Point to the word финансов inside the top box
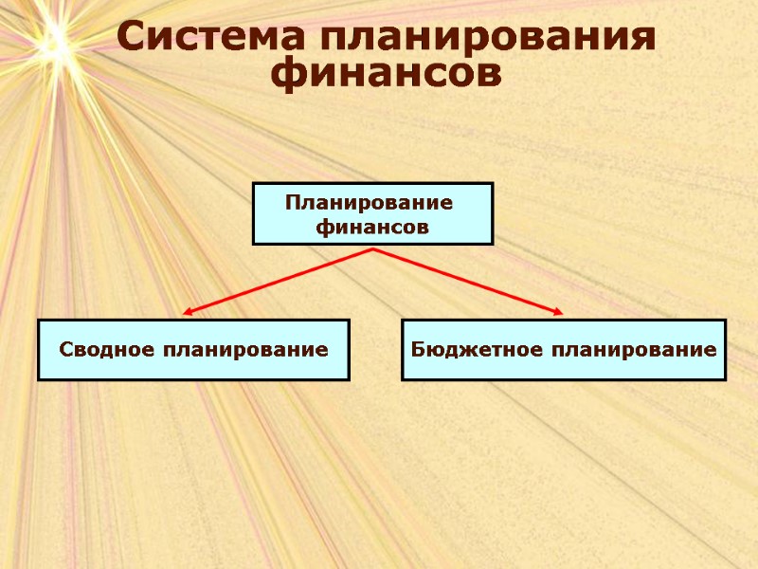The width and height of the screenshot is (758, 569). [372, 228]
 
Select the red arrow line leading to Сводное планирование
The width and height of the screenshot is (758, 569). [280, 280]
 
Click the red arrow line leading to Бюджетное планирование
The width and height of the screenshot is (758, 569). [469, 280]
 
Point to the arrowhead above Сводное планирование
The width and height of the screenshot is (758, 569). [189, 311]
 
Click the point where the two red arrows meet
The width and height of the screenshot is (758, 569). [373, 249]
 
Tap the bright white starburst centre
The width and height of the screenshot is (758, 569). [54, 38]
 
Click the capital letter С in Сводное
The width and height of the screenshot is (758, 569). [66, 350]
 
